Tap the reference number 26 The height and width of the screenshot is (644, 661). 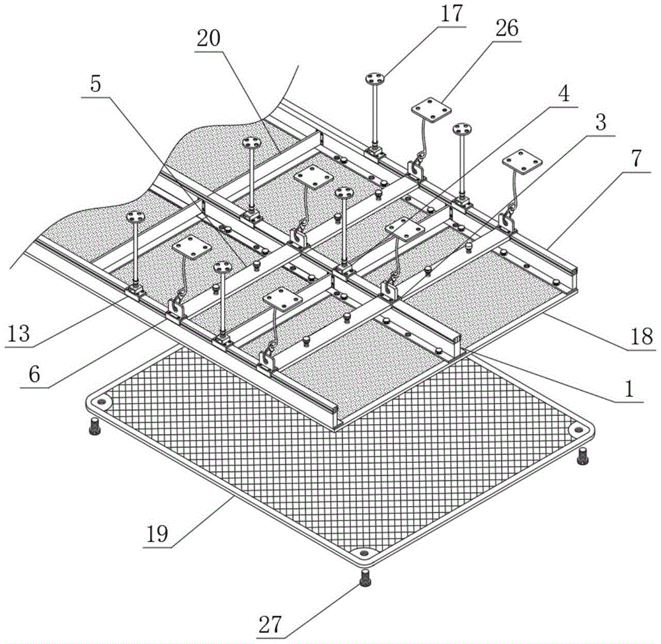coord(504,29)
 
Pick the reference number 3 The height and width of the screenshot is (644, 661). coord(600,123)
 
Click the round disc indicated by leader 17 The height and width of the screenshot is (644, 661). coord(375,80)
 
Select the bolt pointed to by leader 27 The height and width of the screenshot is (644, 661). coord(364,579)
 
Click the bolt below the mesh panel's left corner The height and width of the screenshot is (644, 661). coord(94,427)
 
